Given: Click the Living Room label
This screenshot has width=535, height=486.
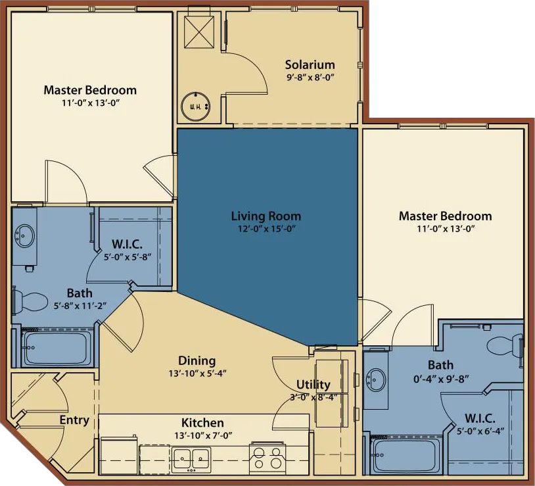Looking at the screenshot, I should (266, 216).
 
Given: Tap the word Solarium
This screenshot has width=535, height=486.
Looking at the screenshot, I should (310, 64).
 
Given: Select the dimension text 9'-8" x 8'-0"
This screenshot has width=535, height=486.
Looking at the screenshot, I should (310, 76).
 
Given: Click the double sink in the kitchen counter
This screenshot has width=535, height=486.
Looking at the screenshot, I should (191, 456).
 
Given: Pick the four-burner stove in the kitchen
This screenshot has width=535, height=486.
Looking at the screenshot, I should (267, 456).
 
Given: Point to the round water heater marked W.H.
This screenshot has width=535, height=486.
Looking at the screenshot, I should (195, 106).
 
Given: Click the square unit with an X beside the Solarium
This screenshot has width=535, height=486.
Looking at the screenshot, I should (200, 30).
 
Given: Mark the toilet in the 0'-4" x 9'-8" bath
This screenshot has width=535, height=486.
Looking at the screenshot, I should (503, 343).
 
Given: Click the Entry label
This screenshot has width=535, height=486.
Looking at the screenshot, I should (74, 420).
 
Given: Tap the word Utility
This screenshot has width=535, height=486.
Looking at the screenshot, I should (313, 385).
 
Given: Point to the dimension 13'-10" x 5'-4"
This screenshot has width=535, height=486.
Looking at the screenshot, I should (197, 373).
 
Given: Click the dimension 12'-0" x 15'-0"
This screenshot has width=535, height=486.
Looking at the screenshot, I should (266, 228).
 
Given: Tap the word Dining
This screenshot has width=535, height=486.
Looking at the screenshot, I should (197, 360).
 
